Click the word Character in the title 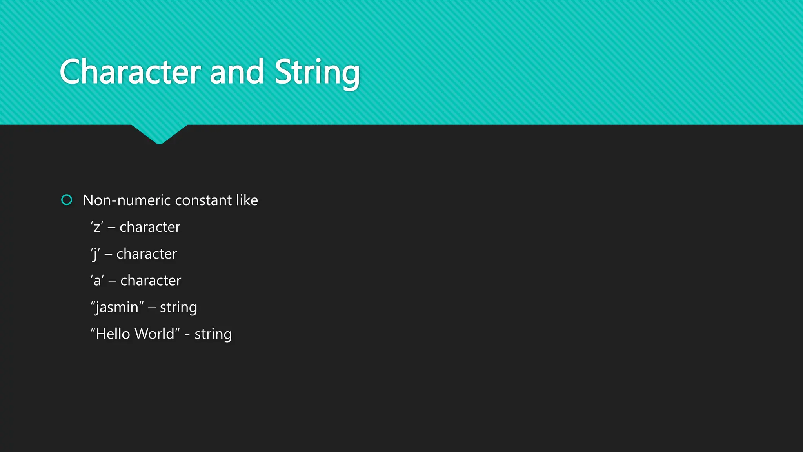[x=130, y=72]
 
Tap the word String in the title [x=317, y=73]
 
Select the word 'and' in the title [x=237, y=72]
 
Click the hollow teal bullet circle [x=67, y=200]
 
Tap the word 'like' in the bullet [x=247, y=200]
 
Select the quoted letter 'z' [x=97, y=227]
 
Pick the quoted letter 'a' [x=97, y=281]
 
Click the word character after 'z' [x=150, y=227]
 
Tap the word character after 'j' [x=147, y=254]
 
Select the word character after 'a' [x=151, y=281]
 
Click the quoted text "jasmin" [x=117, y=307]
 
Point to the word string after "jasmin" [x=178, y=308]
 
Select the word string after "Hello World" [x=213, y=334]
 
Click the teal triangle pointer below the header [x=159, y=133]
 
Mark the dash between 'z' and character [x=111, y=228]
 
